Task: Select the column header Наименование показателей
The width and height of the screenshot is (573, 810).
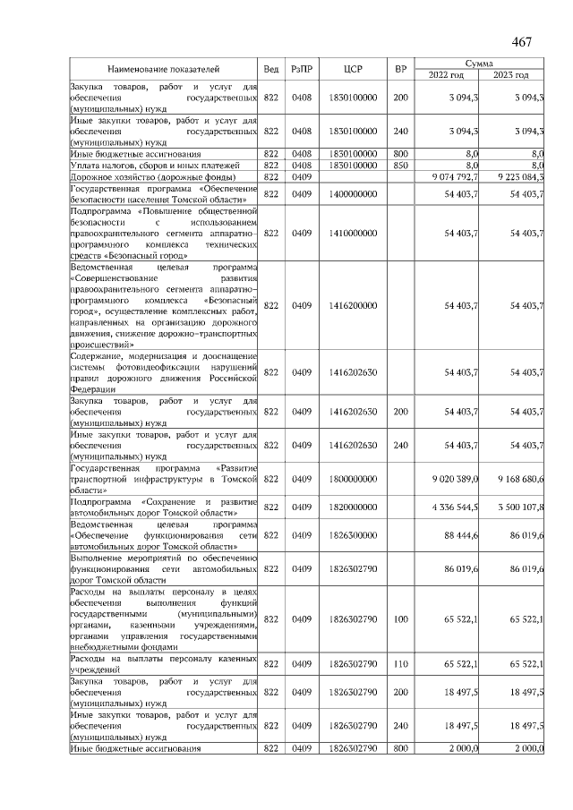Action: click(163, 69)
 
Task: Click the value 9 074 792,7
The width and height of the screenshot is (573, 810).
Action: click(455, 176)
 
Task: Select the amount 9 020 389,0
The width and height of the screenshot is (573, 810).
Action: click(455, 479)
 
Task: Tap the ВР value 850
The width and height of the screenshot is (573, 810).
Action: click(400, 165)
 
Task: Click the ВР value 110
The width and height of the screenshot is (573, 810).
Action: click(400, 663)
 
